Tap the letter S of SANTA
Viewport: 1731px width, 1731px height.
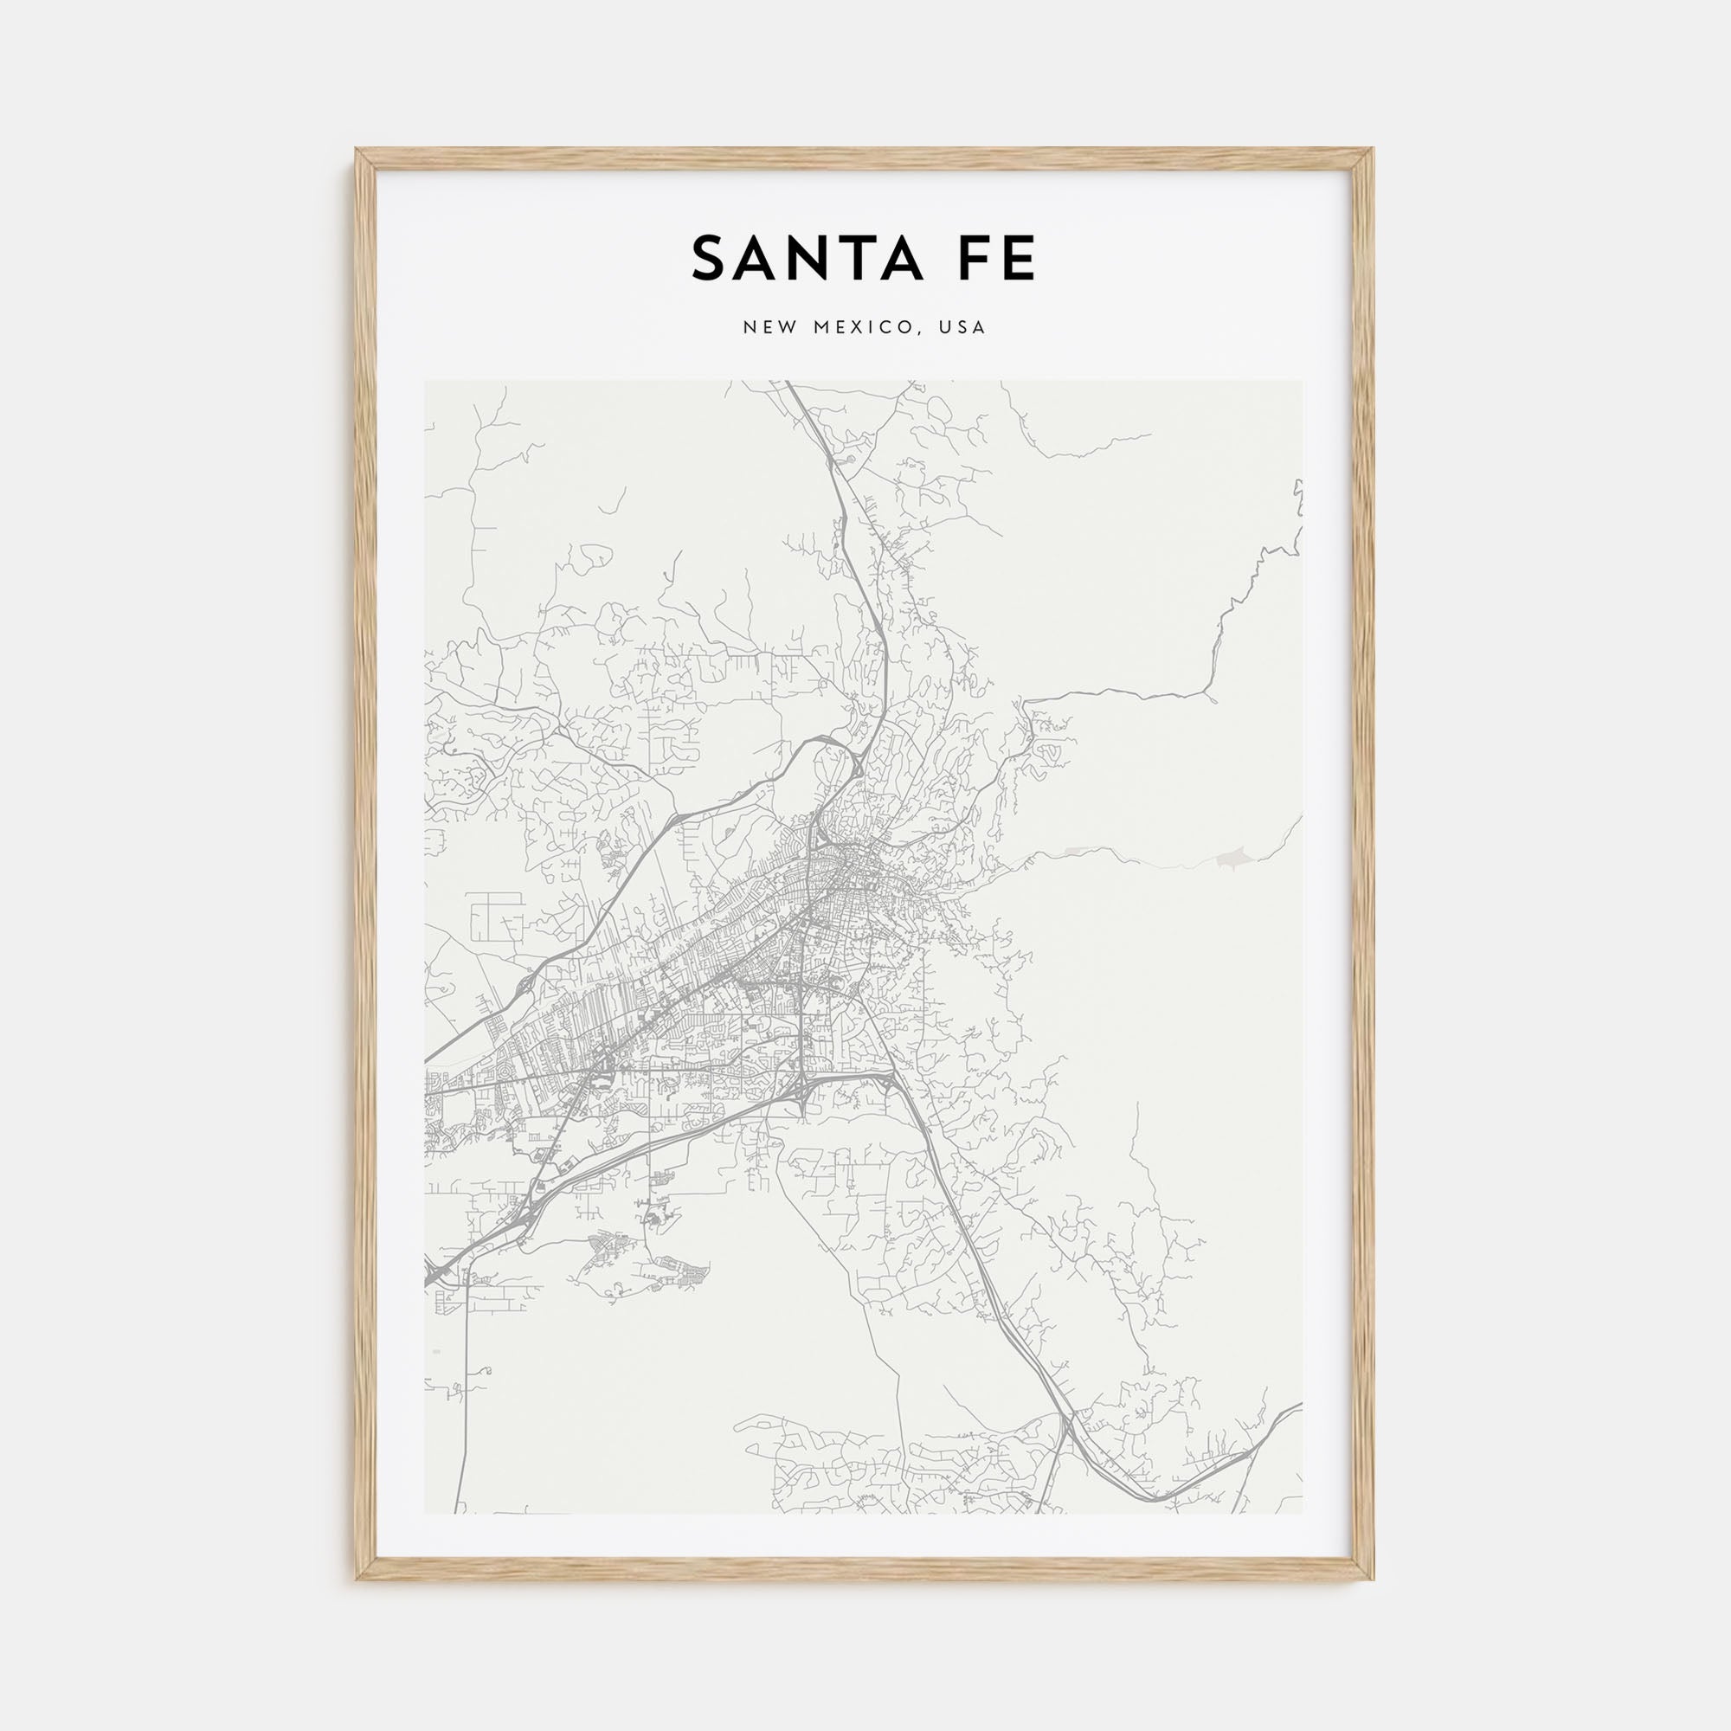(709, 259)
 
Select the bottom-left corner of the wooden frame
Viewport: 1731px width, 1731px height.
(357, 1578)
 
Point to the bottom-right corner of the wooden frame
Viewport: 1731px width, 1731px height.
(1373, 1578)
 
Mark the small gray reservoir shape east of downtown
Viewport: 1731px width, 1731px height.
(1230, 860)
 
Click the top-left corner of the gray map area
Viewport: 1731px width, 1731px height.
(425, 381)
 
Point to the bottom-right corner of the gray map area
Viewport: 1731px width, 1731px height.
(1303, 1514)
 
